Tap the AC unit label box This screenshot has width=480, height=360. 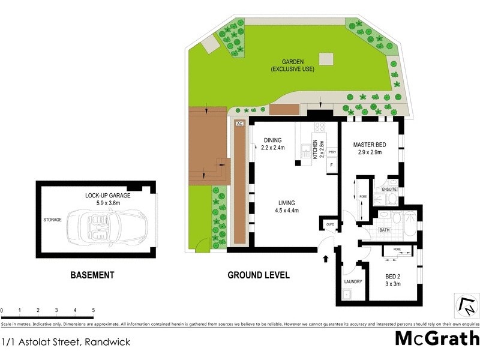239,124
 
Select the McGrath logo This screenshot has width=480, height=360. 436,339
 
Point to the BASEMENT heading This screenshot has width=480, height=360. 92,275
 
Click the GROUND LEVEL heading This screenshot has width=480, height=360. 258,275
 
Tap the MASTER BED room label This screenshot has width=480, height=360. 369,145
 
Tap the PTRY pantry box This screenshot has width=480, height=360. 332,152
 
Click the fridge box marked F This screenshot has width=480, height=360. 331,165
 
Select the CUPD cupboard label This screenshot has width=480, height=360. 329,224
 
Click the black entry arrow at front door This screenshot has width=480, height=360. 326,259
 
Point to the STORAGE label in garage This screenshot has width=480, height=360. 52,220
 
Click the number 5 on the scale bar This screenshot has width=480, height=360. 93,310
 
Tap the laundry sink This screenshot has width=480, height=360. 346,295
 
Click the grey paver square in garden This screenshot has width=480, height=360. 326,59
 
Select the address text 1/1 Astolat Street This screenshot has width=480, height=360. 65,342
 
